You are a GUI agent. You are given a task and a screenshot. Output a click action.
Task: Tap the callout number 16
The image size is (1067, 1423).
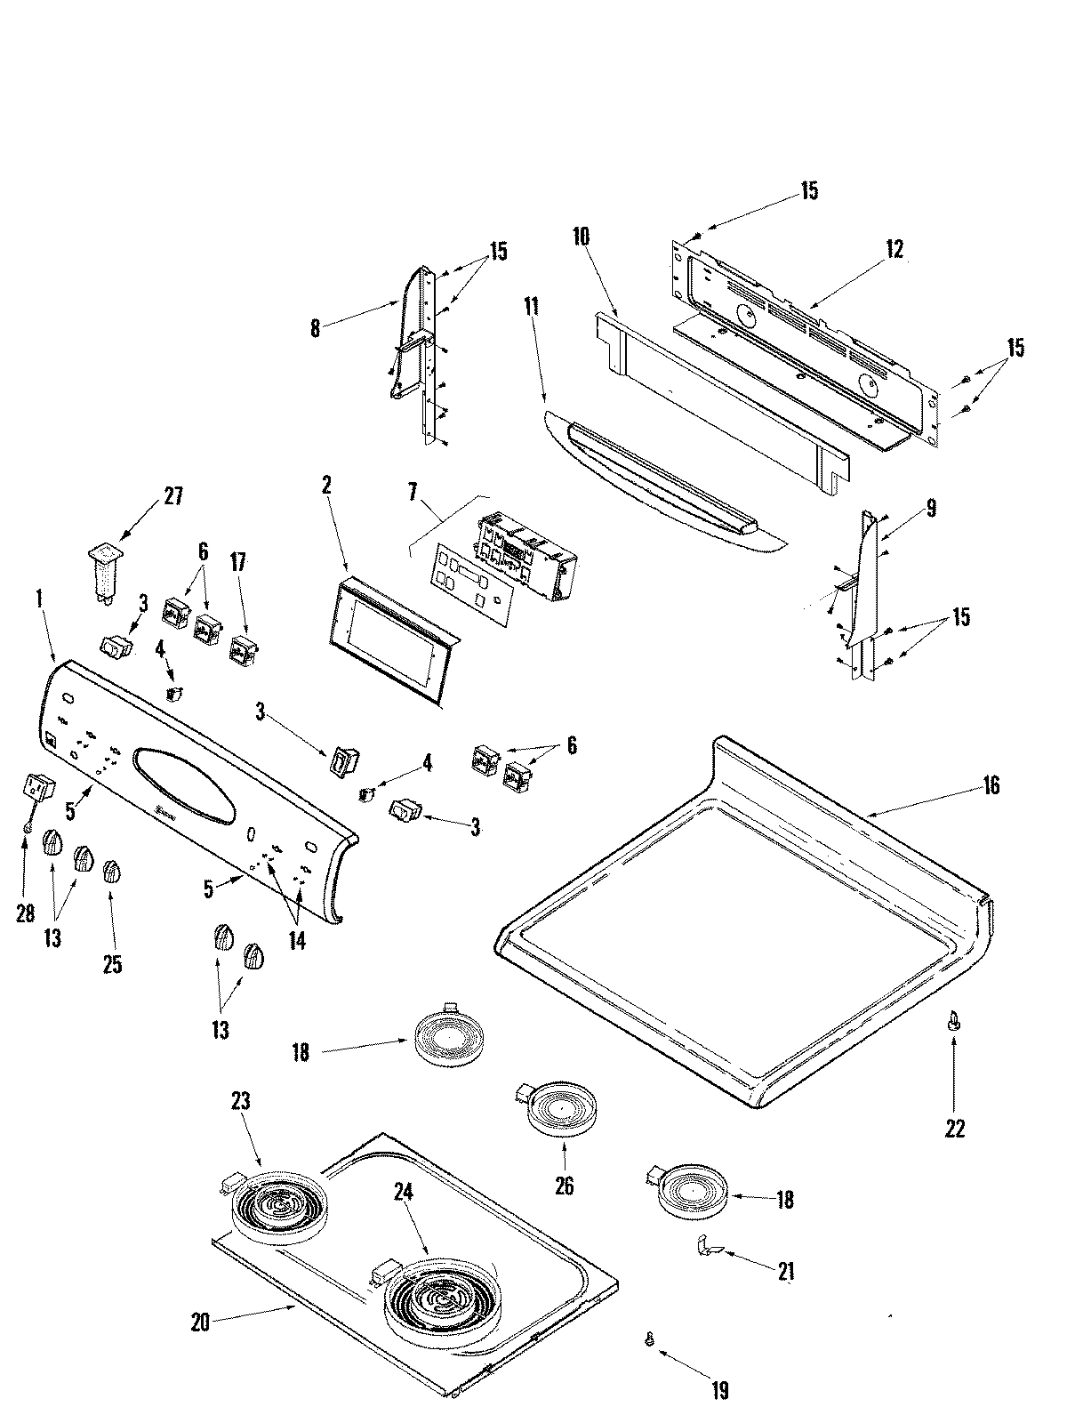pyautogui.click(x=991, y=785)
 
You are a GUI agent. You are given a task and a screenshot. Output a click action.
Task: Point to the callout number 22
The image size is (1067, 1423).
pyautogui.click(x=954, y=1128)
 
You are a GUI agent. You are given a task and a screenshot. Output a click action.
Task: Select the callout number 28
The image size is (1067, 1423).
pyautogui.click(x=25, y=913)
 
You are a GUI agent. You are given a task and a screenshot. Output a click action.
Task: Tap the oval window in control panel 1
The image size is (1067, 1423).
pyautogui.click(x=185, y=784)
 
